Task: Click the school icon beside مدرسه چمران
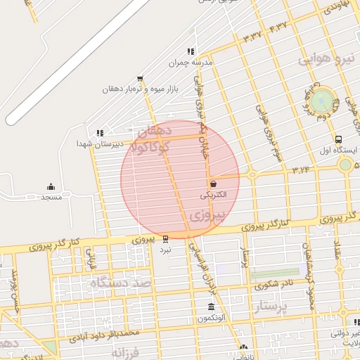coord(190,51)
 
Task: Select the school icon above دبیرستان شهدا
coord(100,132)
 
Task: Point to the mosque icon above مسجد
coord(51,186)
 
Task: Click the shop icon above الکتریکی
coord(213,183)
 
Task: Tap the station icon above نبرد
coord(165,238)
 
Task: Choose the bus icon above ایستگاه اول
coord(339,139)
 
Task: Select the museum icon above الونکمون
coord(212,307)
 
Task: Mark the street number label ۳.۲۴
coord(302,169)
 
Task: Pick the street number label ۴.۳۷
coord(278,27)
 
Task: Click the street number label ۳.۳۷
coord(252,34)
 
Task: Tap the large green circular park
coord(322,99)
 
